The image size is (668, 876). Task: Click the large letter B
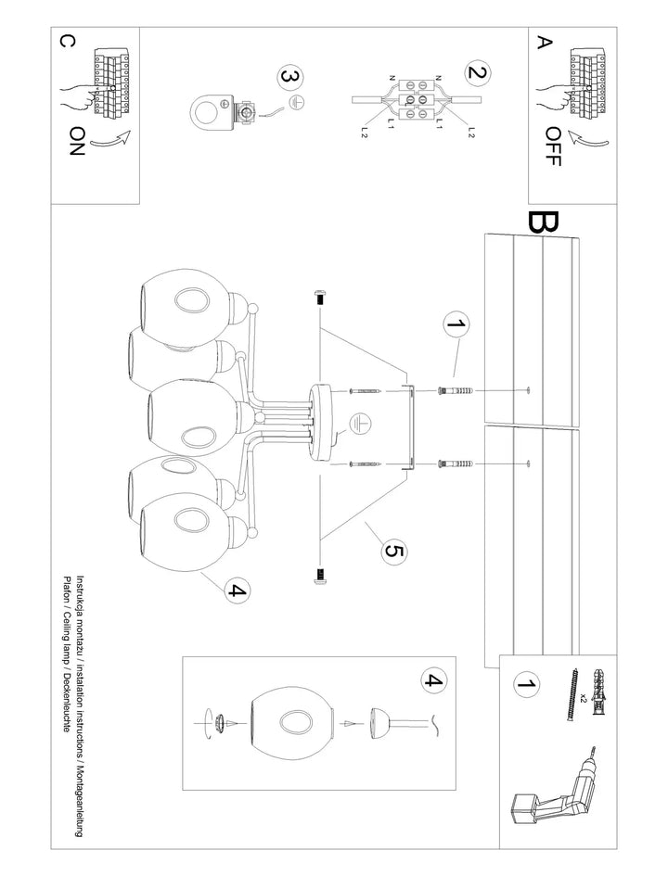click(542, 222)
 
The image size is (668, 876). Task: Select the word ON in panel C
click(76, 141)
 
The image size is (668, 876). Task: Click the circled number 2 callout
click(477, 72)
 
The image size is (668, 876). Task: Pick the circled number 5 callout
click(393, 552)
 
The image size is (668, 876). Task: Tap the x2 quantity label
click(583, 698)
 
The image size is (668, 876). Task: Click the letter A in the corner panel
click(544, 43)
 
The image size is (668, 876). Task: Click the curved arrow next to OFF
click(587, 138)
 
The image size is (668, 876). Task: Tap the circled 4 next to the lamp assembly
click(238, 590)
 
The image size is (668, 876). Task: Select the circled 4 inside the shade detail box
click(434, 679)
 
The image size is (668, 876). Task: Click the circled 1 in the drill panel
click(525, 683)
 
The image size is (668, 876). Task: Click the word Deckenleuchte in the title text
click(67, 703)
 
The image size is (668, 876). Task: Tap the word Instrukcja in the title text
click(80, 594)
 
